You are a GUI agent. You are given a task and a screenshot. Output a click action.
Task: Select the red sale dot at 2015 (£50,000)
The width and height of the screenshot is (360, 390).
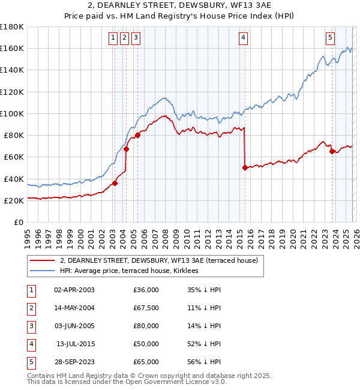245,168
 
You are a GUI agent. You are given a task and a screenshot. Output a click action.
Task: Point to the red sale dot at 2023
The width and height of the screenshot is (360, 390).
332,152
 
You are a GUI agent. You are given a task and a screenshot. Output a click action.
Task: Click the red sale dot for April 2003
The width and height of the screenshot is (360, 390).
115,184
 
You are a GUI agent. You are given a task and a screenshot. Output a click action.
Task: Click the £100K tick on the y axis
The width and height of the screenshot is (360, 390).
12,113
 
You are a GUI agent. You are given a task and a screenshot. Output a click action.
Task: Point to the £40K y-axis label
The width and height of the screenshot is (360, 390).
14,179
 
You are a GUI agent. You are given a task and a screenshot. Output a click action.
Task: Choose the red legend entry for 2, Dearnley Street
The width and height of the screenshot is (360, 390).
158,260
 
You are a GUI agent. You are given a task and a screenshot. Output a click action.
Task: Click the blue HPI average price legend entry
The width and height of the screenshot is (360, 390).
133,271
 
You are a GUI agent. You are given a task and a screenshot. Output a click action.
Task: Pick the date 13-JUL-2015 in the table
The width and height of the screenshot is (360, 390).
76,344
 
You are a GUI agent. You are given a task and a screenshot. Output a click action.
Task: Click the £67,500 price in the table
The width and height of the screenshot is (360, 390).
146,308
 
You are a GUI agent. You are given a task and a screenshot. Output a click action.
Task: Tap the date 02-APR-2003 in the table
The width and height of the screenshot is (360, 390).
74,290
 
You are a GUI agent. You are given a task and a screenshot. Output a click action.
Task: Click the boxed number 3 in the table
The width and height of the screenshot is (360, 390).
29,326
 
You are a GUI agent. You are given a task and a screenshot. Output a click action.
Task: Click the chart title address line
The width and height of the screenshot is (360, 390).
179,5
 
